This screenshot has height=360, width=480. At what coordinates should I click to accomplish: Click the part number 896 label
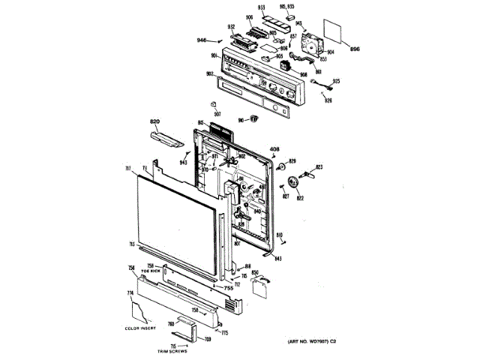[x=355, y=49]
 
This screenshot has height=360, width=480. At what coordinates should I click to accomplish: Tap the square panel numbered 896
[x=335, y=35]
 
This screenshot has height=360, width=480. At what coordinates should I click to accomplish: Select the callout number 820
[x=155, y=121]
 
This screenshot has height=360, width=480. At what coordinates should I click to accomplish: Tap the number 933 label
[x=262, y=8]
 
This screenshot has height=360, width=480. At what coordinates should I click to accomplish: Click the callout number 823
[x=319, y=166]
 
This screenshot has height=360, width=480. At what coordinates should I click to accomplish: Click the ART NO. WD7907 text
[x=318, y=343]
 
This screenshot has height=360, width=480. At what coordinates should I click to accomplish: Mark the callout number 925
[x=337, y=80]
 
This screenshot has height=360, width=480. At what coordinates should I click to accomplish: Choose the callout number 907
[x=217, y=114]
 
